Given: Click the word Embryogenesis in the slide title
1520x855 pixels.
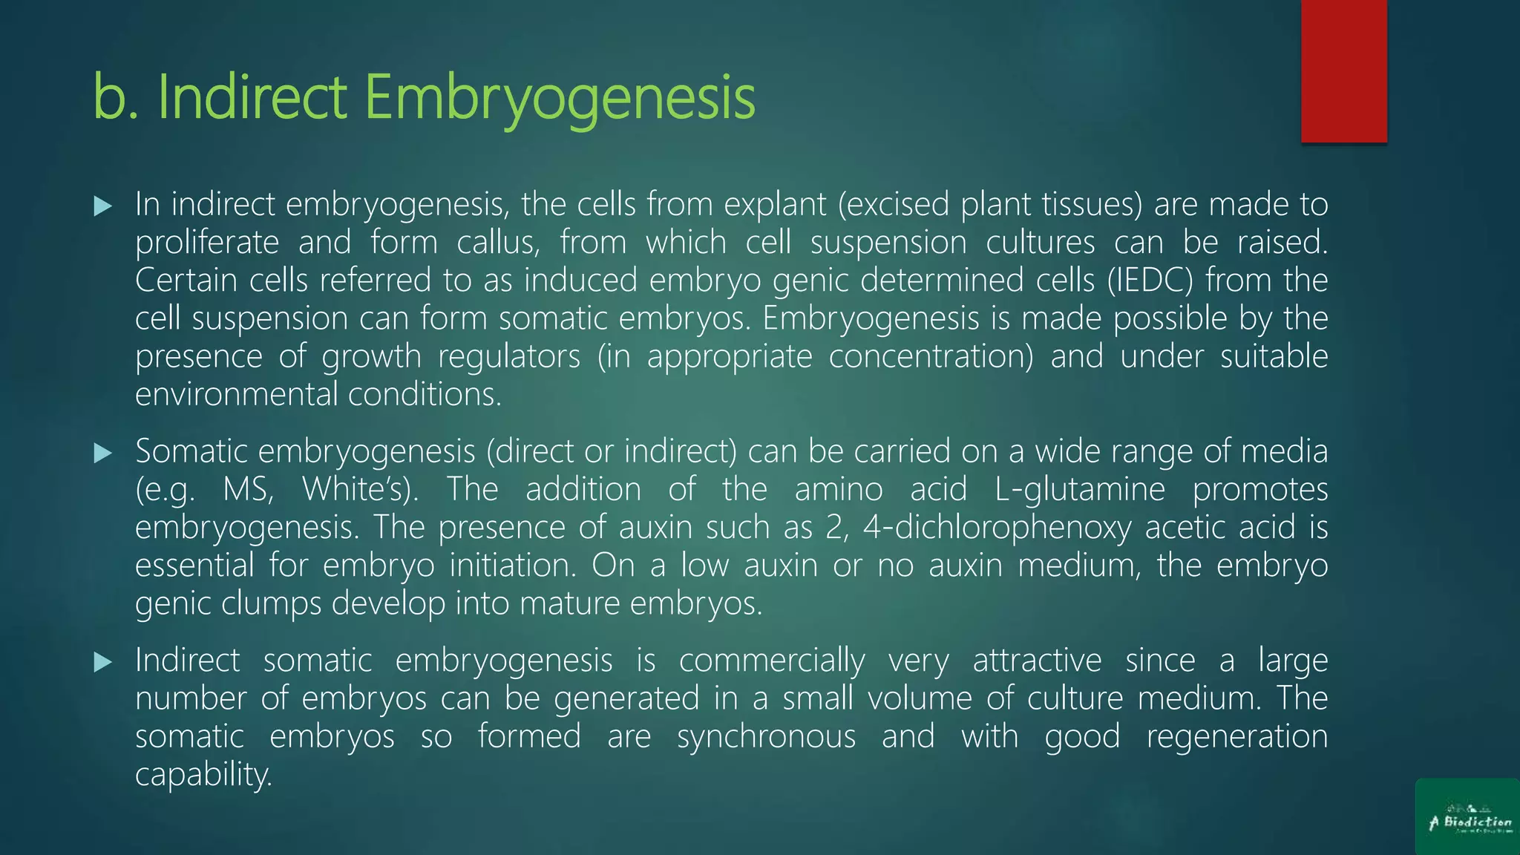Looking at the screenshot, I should (560, 97).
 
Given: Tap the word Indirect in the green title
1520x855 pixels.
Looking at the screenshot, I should (252, 97).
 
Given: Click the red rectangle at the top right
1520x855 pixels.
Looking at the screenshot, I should (1343, 71).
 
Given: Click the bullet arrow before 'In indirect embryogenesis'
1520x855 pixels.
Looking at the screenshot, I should (103, 206).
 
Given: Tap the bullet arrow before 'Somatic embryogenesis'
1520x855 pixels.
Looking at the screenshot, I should (103, 453).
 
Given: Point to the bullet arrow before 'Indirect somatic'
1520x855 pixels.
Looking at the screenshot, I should (103, 662).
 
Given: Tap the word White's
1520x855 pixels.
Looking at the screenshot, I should (361, 490).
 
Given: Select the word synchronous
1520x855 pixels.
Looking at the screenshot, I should (766, 737).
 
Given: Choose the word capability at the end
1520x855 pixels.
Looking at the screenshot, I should (203, 775).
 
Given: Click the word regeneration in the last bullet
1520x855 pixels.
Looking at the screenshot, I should (1236, 737).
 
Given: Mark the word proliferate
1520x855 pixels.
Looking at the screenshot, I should (207, 243).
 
